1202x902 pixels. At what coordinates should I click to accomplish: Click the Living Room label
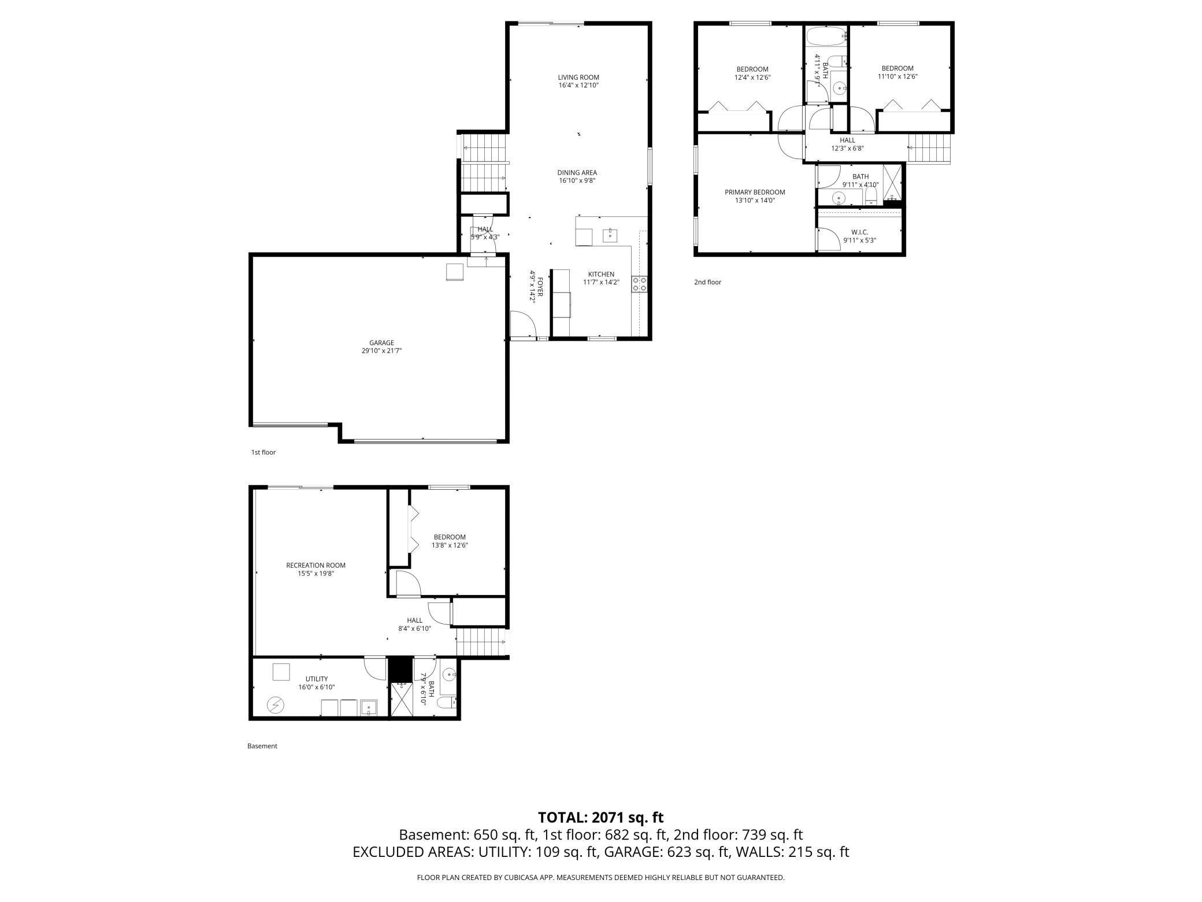578,77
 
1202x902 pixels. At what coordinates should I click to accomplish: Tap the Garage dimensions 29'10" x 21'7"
381,350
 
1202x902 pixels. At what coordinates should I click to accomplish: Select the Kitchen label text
601,274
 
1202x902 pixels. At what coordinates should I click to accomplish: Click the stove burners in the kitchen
640,284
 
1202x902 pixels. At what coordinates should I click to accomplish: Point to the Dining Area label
577,172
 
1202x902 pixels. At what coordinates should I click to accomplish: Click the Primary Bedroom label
755,193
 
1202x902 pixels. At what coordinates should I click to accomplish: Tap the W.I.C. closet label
860,232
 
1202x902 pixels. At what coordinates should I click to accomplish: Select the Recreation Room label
316,565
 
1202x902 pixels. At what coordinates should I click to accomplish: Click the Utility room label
317,679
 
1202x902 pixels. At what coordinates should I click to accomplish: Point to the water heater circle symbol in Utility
276,705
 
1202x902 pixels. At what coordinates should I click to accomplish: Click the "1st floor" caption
264,452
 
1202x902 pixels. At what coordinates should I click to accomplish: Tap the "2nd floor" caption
708,282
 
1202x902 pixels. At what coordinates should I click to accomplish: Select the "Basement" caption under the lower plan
262,746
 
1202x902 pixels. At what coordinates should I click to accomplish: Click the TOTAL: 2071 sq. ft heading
601,818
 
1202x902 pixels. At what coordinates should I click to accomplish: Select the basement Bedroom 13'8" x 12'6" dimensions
450,545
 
